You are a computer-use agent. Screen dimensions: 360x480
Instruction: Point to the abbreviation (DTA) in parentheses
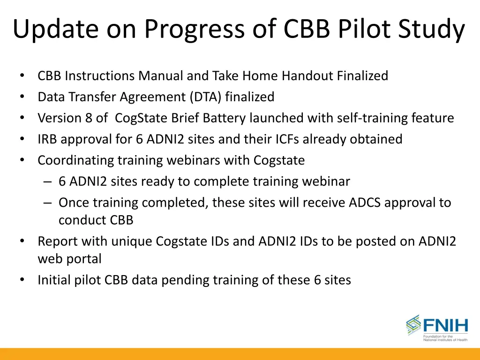pos(206,97)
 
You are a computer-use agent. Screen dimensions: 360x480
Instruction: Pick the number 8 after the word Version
pos(89,118)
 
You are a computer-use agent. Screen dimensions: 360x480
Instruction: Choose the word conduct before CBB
pos(82,219)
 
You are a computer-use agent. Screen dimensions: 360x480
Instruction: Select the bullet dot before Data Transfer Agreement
pos(22,97)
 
